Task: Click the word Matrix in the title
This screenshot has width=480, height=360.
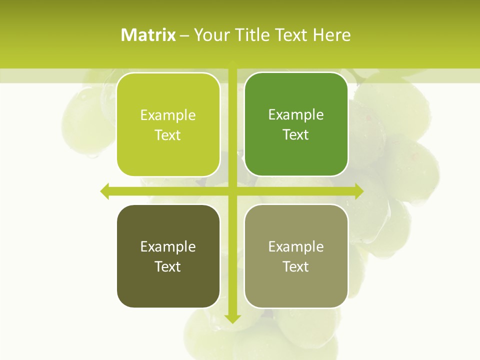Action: pos(148,35)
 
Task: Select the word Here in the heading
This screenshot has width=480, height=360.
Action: pos(332,35)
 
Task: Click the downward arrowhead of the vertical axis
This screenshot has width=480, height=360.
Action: pos(232,318)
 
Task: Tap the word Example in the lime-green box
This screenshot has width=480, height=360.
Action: pos(168,115)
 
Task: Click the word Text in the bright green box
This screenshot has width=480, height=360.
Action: pos(296,134)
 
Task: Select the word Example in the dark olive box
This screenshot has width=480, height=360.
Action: pos(168,247)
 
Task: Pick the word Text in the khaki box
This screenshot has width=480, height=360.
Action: pos(296,266)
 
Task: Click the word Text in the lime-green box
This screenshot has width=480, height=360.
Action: pos(168,135)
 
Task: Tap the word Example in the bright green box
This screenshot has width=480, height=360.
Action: pos(296,115)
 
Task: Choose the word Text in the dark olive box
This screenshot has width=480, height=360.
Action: pos(168,266)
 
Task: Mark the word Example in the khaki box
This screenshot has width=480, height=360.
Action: pos(296,247)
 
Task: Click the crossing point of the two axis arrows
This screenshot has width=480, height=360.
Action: pos(232,191)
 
